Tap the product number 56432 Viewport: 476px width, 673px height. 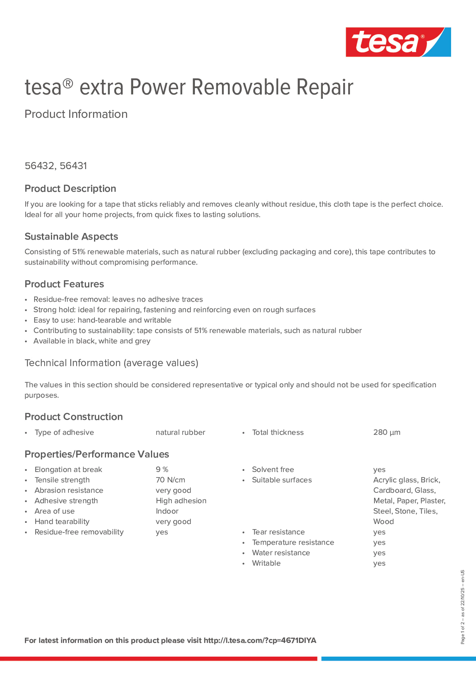(x=39, y=166)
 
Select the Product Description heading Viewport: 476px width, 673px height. (x=70, y=188)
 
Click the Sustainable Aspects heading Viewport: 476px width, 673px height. (x=71, y=236)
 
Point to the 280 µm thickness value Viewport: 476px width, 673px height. (x=386, y=432)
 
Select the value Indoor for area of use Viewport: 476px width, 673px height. (x=167, y=511)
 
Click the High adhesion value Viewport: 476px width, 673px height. (x=181, y=501)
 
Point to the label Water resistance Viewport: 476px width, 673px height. (x=281, y=553)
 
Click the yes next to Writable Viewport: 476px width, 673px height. (x=379, y=563)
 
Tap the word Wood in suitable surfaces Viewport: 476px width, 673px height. (x=383, y=522)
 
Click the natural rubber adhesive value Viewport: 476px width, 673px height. (x=180, y=432)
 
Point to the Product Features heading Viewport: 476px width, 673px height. (x=64, y=284)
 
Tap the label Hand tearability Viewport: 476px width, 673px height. (x=62, y=522)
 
